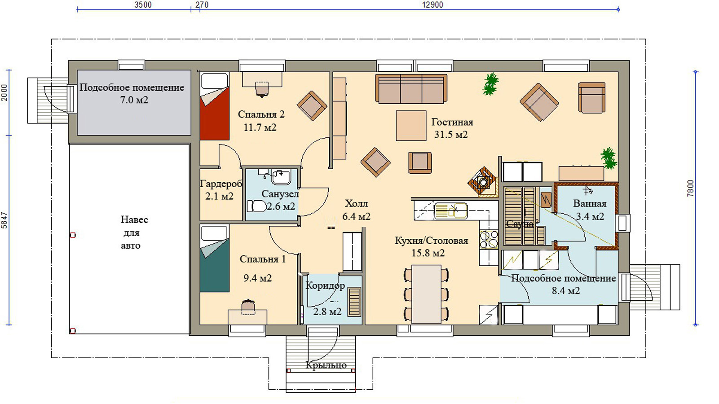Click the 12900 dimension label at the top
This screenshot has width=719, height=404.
[x=432, y=5]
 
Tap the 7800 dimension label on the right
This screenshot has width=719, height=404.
[x=690, y=189]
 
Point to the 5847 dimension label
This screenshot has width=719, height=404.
[x=4, y=220]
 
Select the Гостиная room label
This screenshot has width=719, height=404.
[x=452, y=122]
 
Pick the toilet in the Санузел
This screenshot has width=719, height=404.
[x=256, y=206]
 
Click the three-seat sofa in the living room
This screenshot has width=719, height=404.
[x=411, y=89]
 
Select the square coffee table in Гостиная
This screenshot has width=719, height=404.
[x=411, y=126]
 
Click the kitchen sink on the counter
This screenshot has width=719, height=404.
[x=450, y=211]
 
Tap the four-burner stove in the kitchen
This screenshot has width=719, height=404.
[x=489, y=239]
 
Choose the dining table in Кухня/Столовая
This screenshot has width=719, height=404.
[x=426, y=294]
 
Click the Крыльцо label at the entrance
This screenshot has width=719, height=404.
[x=326, y=365]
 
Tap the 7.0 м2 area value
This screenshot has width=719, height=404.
[x=134, y=100]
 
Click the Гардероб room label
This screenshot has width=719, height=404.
[x=221, y=184]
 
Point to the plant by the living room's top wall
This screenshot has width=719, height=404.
[x=490, y=84]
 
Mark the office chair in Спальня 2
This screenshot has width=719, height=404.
[x=262, y=88]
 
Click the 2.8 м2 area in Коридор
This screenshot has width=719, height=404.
[x=327, y=312]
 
